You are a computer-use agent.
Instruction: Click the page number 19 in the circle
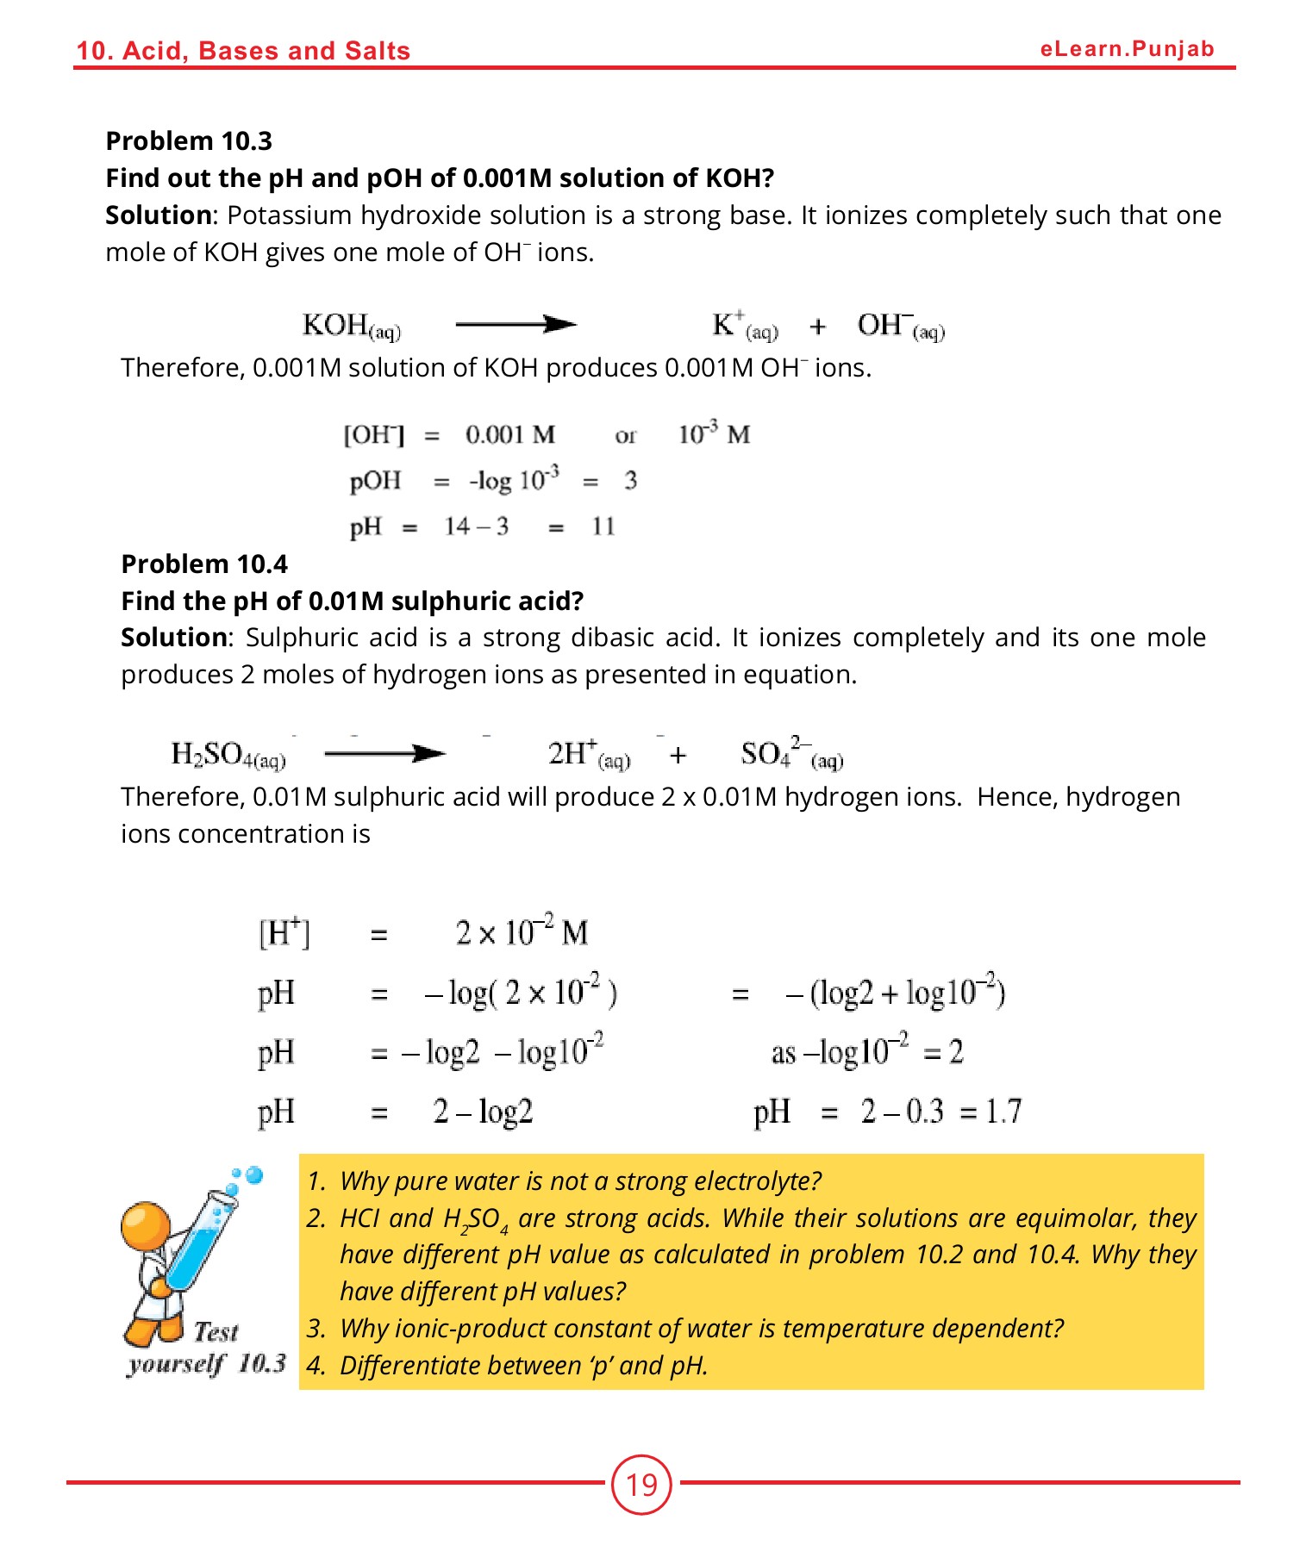(641, 1484)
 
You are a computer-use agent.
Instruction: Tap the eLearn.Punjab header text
(1127, 49)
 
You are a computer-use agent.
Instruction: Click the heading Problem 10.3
(189, 140)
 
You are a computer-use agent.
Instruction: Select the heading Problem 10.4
(204, 564)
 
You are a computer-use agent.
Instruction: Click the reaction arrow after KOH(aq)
(516, 325)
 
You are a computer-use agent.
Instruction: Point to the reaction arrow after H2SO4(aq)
(384, 754)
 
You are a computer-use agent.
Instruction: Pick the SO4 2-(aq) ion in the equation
(790, 754)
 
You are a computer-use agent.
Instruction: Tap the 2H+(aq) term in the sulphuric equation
(589, 754)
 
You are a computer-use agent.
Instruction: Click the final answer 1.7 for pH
(1003, 1112)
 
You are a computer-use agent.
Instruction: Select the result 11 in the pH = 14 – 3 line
(603, 526)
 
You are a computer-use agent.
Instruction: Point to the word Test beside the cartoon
(216, 1332)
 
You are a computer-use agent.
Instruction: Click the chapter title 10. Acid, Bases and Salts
(243, 51)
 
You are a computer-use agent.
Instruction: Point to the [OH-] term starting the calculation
(373, 434)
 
